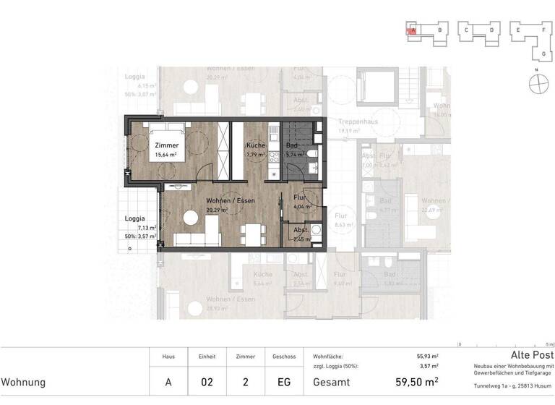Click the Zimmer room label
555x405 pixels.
[167, 145]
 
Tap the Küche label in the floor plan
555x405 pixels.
[254, 145]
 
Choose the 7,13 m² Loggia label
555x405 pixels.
[134, 218]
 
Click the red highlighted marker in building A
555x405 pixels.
[412, 30]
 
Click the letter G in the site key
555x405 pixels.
[543, 54]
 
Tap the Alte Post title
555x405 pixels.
[532, 356]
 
